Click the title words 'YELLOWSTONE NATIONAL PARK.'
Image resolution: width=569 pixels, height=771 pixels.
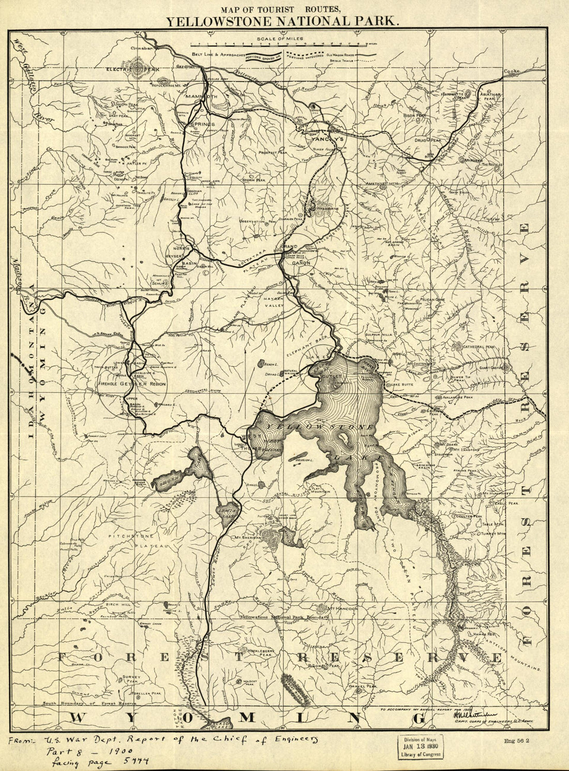282,21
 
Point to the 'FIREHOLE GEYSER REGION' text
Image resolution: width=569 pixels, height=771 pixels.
132,384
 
